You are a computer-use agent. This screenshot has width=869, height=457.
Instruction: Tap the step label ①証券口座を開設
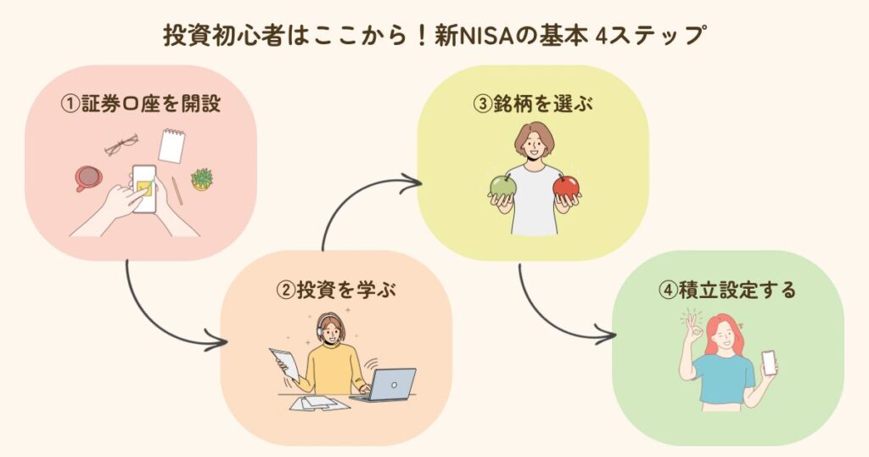[142, 104]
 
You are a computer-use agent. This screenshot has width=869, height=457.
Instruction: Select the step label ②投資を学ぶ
[336, 290]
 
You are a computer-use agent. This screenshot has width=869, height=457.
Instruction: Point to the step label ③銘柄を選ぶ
[533, 104]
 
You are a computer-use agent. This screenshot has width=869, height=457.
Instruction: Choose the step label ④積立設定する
[727, 290]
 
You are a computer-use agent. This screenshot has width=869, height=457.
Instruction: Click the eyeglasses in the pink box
[121, 144]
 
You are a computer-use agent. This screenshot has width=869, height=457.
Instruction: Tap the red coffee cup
[88, 178]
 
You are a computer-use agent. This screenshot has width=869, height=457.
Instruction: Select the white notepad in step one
[171, 145]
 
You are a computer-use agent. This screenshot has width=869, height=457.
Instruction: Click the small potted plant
[202, 180]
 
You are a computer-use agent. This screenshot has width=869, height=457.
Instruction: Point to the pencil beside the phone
[177, 191]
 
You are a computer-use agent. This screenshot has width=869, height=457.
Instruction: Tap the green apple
[503, 186]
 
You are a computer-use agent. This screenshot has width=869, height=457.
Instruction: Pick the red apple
[566, 187]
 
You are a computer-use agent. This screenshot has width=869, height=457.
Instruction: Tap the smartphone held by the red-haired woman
[769, 363]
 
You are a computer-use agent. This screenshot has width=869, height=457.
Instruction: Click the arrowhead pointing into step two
[216, 340]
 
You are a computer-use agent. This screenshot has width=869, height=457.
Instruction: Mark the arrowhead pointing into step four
[606, 335]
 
